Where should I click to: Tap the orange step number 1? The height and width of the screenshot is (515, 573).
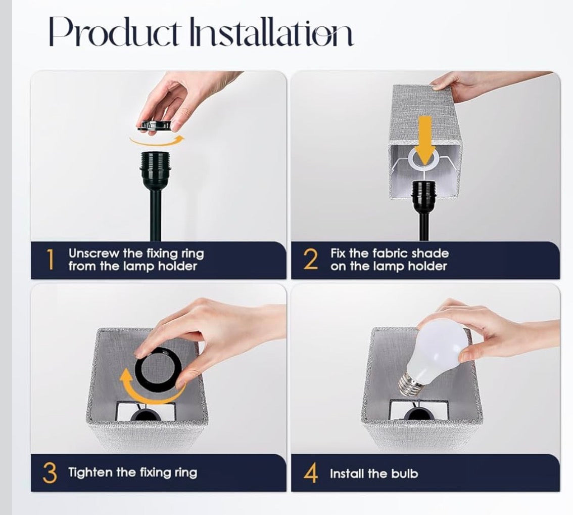coord(50,260)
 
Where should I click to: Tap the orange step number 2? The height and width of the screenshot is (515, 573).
coord(310,260)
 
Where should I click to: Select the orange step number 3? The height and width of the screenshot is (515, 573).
coord(50,473)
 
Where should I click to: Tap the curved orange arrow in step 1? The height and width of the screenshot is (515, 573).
coord(156,140)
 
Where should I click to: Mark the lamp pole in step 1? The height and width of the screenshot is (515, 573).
coord(155,212)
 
